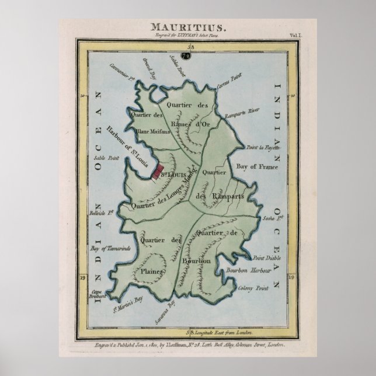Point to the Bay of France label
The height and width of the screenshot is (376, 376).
[255, 166]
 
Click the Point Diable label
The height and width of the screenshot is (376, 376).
[263, 257]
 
